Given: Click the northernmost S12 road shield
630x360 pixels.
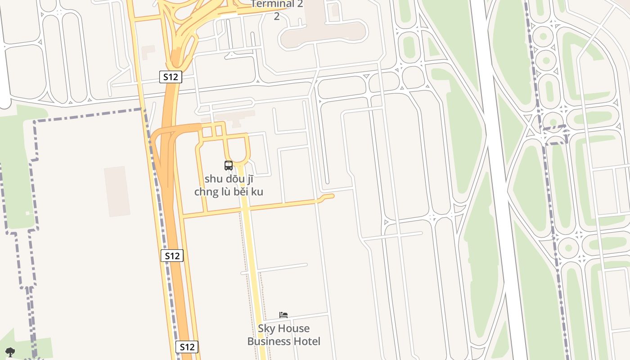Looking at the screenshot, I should (171, 77).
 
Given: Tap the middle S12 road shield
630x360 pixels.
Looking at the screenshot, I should (172, 256).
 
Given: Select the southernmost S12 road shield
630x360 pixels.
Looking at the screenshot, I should (186, 347).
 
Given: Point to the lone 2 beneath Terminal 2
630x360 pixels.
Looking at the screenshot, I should (277, 17).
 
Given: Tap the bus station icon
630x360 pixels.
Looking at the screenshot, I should (229, 166).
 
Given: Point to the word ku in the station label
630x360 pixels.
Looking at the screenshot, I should (257, 192).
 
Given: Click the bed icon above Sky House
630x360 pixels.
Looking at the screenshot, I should (283, 315).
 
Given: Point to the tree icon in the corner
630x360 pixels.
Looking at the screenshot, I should (10, 352).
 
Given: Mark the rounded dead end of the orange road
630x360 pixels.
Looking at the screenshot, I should (331, 196).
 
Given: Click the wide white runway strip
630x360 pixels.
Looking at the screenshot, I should (499, 180).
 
